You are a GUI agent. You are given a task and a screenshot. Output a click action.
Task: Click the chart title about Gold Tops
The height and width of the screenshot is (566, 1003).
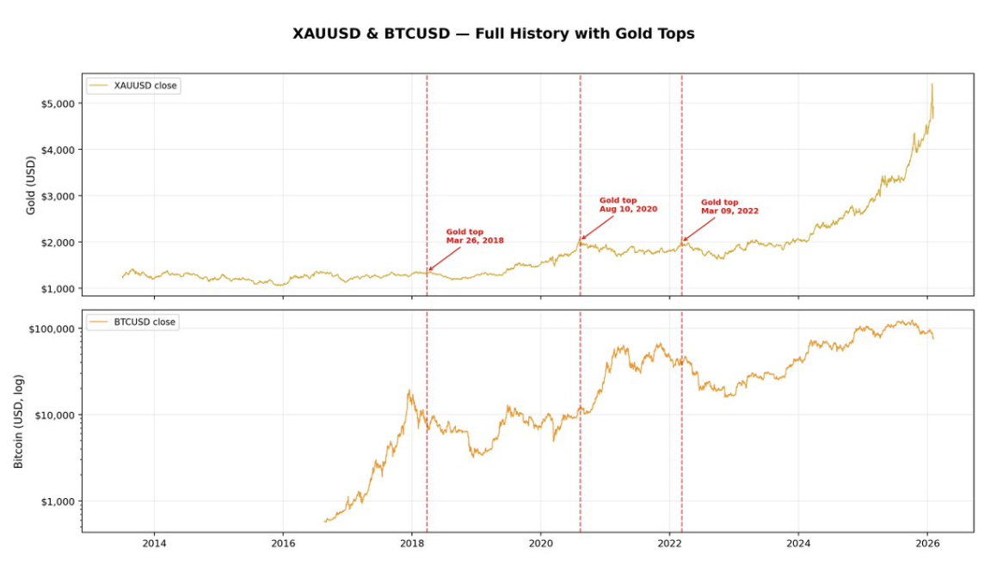click(494, 34)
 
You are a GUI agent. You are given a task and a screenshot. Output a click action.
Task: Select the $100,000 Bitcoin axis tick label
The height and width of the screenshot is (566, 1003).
click(52, 329)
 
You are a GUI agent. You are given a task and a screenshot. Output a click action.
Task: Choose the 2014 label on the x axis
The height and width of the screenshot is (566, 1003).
click(154, 544)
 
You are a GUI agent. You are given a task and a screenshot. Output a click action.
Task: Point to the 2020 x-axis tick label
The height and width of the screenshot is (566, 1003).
click(540, 544)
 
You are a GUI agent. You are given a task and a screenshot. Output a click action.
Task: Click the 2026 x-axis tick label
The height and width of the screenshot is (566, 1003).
click(926, 544)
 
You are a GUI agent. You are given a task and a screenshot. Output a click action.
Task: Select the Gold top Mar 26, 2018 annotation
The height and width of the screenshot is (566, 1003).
click(474, 237)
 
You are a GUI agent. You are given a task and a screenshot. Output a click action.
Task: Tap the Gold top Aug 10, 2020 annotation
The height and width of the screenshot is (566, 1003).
click(628, 205)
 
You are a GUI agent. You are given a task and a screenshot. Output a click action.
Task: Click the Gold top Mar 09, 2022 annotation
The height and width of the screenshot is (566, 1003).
click(729, 206)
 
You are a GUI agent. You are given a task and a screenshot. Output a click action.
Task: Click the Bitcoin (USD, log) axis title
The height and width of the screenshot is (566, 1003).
click(19, 421)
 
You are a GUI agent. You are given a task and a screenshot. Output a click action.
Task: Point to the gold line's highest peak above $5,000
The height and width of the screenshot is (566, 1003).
click(932, 84)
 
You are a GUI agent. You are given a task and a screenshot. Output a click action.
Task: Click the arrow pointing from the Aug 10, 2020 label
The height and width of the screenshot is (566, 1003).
click(598, 227)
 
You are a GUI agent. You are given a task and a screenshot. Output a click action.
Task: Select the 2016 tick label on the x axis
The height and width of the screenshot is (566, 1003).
click(283, 544)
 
